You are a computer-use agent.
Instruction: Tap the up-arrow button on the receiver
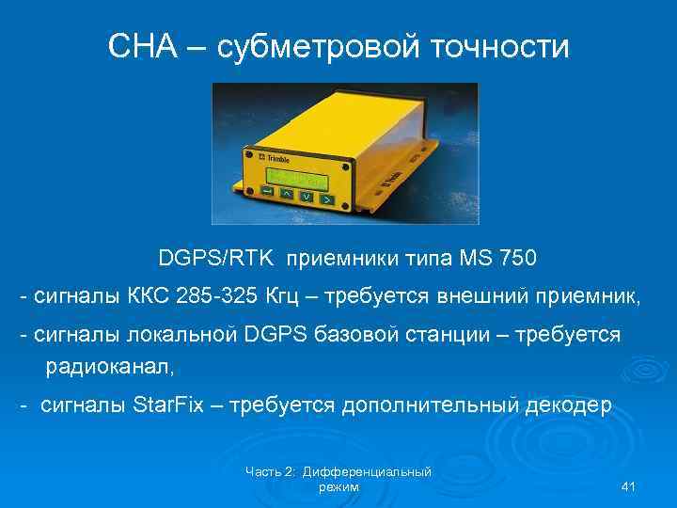287,195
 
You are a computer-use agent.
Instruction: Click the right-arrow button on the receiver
325,199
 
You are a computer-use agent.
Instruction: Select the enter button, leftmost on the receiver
267,193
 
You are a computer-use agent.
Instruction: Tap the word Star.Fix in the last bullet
174,405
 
